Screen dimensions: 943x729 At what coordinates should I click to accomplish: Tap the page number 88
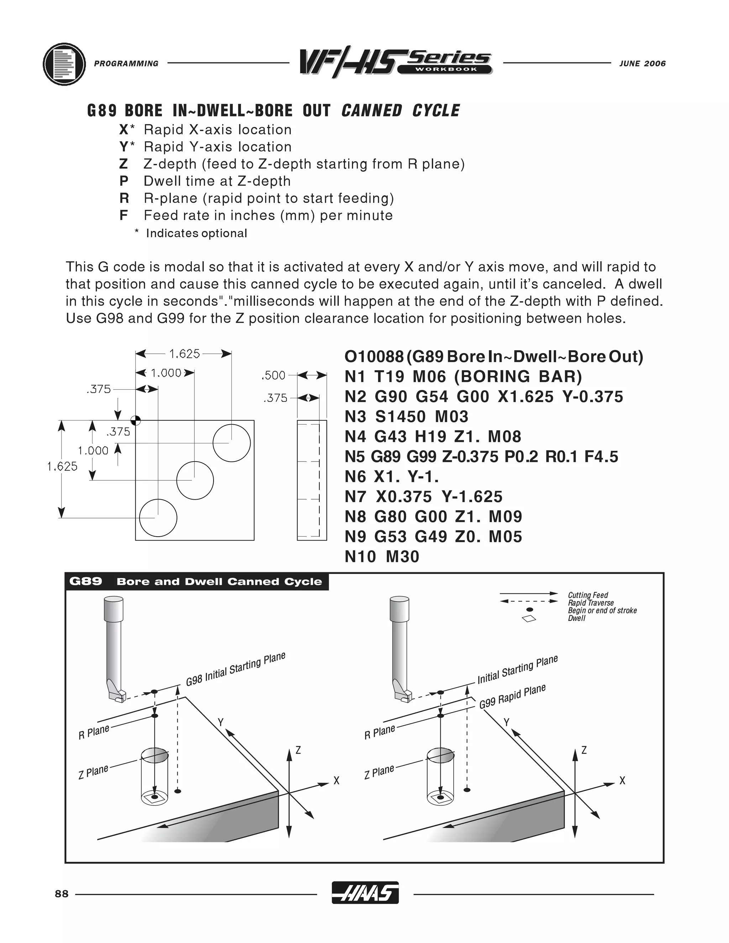(x=62, y=894)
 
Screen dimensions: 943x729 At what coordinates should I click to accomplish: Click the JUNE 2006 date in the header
(x=642, y=63)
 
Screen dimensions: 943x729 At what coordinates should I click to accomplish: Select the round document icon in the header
(x=64, y=64)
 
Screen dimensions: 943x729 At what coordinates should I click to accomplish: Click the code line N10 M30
(x=382, y=557)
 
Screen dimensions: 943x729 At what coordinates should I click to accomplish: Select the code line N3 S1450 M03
(x=406, y=417)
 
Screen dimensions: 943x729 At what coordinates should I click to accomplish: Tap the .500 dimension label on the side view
(x=273, y=375)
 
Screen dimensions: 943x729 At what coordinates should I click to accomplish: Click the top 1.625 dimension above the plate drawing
(x=184, y=354)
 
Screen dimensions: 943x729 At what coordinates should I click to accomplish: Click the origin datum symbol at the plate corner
(x=136, y=420)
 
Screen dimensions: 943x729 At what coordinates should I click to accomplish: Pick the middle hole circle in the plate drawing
(x=195, y=480)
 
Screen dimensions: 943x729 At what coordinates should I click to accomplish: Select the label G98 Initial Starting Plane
(x=235, y=669)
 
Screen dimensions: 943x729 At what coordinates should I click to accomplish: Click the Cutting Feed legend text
(x=588, y=595)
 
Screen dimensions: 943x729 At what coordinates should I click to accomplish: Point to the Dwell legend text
(x=577, y=618)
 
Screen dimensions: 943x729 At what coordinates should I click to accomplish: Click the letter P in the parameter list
(x=124, y=181)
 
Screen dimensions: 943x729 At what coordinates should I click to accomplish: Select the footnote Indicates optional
(x=196, y=233)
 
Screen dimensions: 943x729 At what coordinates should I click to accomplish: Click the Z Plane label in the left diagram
(x=93, y=771)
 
